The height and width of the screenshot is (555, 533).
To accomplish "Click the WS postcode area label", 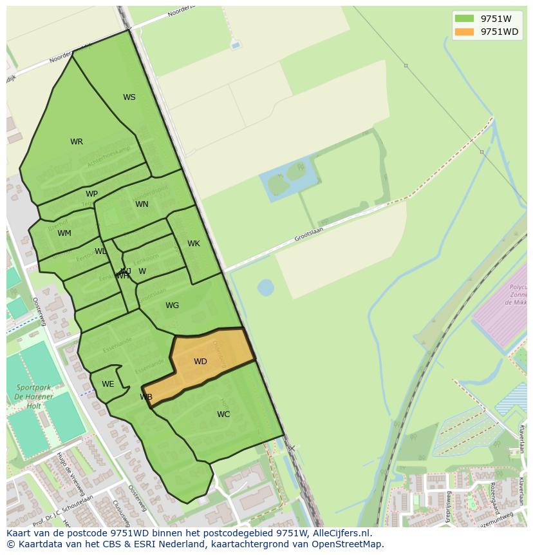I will point(129,97).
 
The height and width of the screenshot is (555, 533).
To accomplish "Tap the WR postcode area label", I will point(77,142).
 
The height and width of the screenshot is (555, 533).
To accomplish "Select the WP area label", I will point(91,194).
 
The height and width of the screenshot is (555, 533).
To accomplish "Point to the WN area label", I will point(142,204).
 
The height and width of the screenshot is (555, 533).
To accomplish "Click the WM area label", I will point(64,233).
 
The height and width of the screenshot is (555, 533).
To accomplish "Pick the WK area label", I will point(194,244).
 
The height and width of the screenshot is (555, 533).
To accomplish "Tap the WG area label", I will point(172,306).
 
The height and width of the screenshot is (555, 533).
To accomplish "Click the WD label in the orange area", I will point(200,362).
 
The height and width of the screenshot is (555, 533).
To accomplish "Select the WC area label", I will point(223,414).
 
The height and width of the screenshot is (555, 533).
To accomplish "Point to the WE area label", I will point(108,384).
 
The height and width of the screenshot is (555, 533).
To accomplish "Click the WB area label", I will point(146,397).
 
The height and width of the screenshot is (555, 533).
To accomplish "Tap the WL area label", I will point(100,251).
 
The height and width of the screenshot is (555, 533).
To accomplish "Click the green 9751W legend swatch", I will point(463,19).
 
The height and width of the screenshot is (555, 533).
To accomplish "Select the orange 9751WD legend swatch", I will point(463,32).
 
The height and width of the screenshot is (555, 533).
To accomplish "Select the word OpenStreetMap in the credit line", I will point(349,544).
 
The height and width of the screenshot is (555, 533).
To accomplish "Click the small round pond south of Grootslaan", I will point(265,287).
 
